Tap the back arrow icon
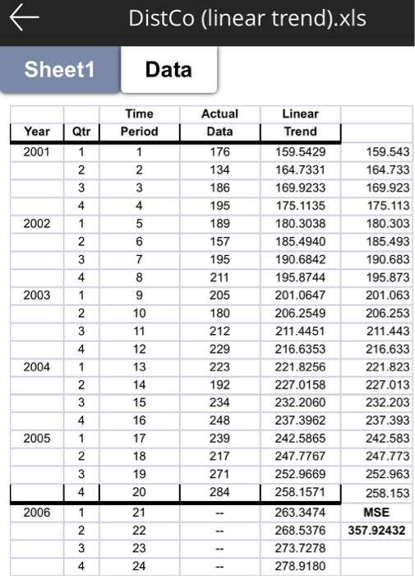(28, 20)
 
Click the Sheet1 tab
(59, 69)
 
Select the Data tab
(168, 69)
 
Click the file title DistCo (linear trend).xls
(247, 20)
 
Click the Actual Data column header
(219, 123)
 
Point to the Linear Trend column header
(300, 123)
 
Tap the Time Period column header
(139, 123)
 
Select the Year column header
(37, 132)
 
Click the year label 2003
(37, 295)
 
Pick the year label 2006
(37, 512)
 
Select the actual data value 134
(219, 170)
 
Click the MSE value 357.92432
(376, 530)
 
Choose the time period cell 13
(139, 367)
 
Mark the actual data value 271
(219, 475)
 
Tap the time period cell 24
(139, 566)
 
